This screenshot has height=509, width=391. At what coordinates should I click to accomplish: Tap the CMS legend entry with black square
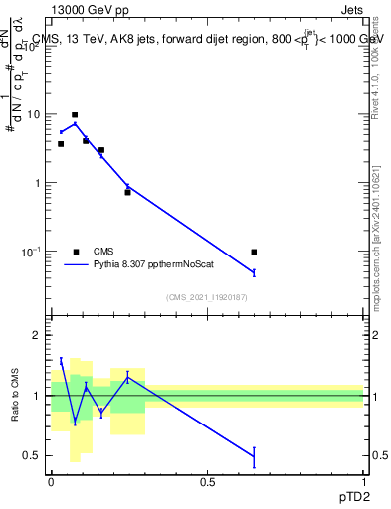click(77, 252)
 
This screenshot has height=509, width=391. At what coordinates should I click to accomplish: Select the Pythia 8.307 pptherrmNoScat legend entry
click(76, 265)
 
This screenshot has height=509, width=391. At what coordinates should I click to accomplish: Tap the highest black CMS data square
click(75, 115)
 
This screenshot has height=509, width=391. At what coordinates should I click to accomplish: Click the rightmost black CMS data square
click(254, 253)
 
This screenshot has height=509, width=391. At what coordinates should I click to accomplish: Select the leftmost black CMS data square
click(61, 144)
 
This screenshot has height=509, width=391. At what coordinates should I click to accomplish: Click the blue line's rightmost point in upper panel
click(254, 272)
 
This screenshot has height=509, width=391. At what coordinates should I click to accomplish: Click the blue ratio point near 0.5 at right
click(254, 456)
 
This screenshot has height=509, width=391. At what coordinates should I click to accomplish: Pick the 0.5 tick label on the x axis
click(207, 480)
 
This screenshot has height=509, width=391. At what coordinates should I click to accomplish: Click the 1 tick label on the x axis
click(363, 480)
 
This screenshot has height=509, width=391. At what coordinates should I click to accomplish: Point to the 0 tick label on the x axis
click(51, 480)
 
